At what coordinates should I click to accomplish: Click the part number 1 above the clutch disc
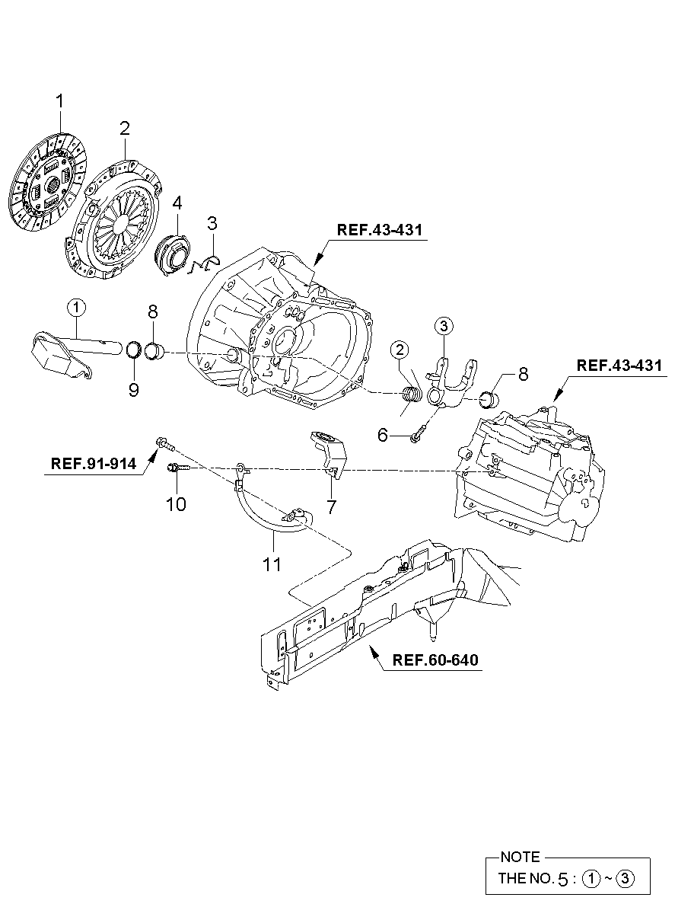(59, 101)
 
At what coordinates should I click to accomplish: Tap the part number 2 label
(125, 128)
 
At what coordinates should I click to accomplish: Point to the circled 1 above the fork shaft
(76, 307)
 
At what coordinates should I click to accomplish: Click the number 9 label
(134, 389)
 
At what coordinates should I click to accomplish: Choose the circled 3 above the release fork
(444, 327)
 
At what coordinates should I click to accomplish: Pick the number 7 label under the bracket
(332, 506)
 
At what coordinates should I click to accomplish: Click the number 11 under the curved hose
(272, 564)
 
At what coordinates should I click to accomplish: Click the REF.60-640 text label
(435, 660)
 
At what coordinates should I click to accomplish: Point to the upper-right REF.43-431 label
(619, 365)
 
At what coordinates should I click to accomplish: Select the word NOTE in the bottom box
(521, 857)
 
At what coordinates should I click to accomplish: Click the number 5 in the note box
(562, 879)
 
